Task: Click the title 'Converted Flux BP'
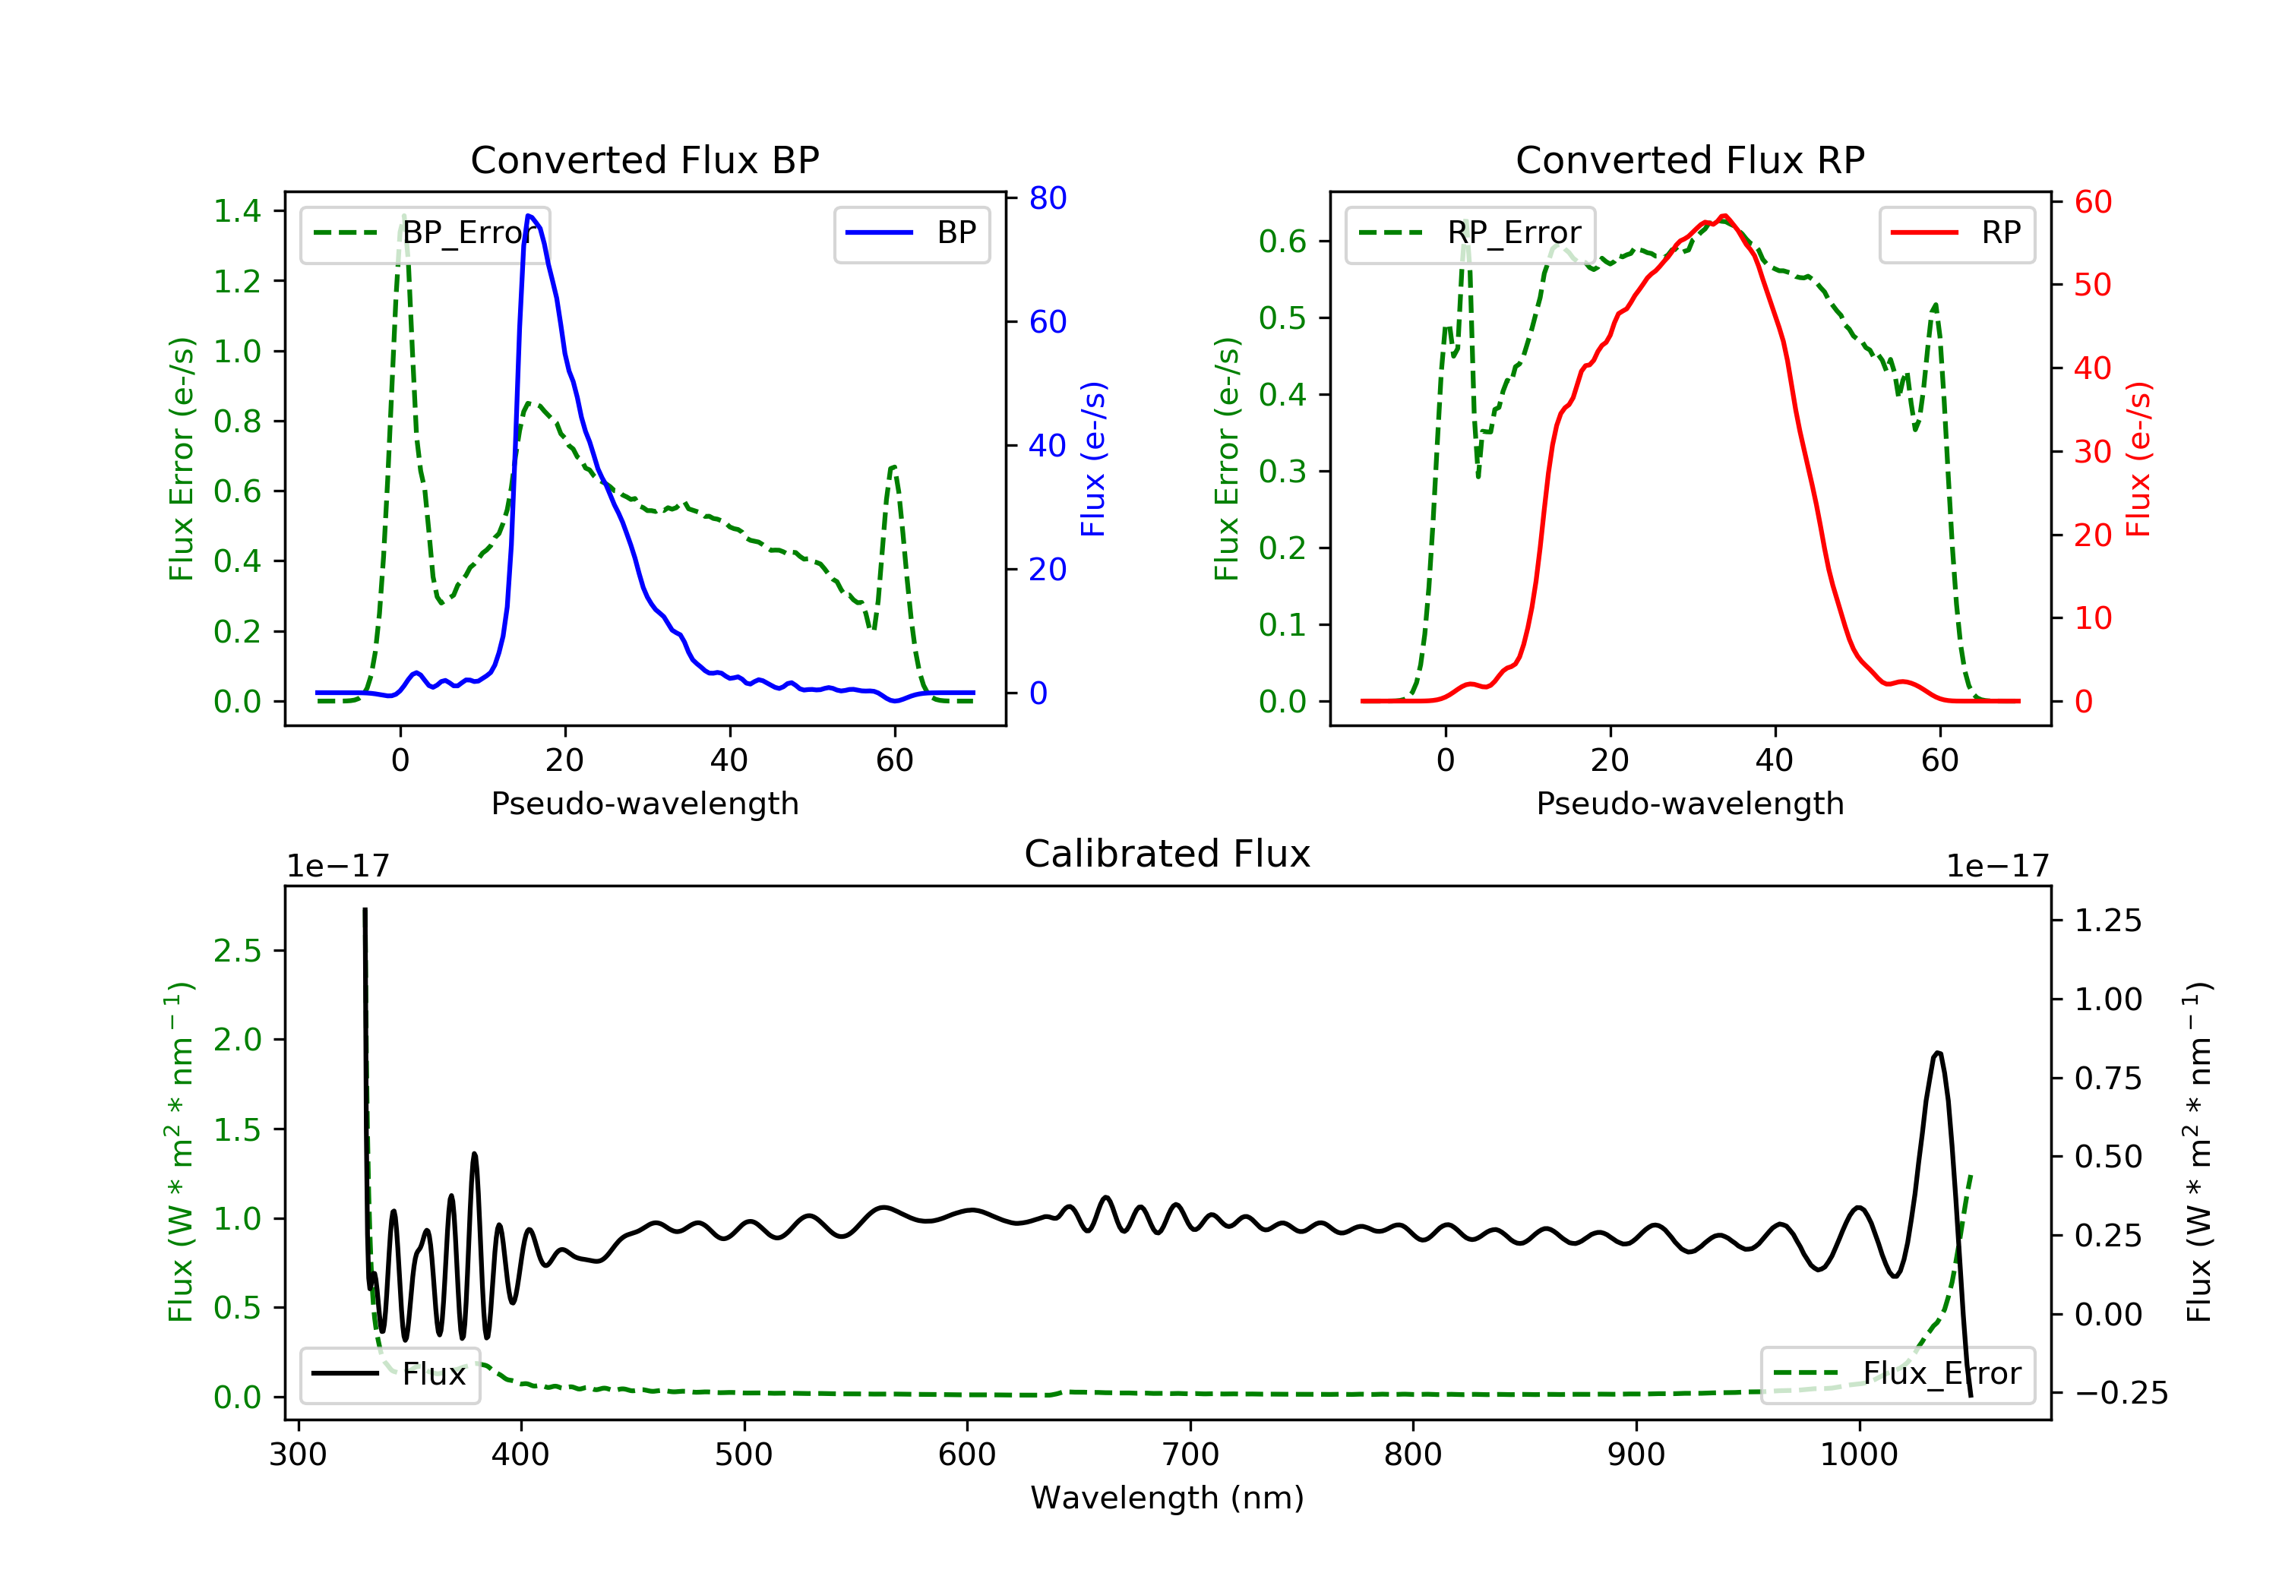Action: click(x=644, y=159)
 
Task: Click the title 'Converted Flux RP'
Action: click(x=1689, y=159)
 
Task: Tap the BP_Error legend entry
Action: click(x=425, y=233)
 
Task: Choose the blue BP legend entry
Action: click(x=911, y=233)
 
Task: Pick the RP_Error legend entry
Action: click(x=1470, y=233)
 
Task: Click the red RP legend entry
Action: click(x=1956, y=233)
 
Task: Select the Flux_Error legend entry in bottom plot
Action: click(x=1898, y=1374)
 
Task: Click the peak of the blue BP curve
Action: click(x=529, y=216)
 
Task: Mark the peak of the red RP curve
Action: click(x=1724, y=216)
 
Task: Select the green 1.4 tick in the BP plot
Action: click(x=237, y=210)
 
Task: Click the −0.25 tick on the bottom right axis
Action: click(x=2120, y=1394)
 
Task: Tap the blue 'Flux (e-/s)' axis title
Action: click(x=1093, y=459)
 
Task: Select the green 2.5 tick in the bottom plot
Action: click(x=237, y=951)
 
